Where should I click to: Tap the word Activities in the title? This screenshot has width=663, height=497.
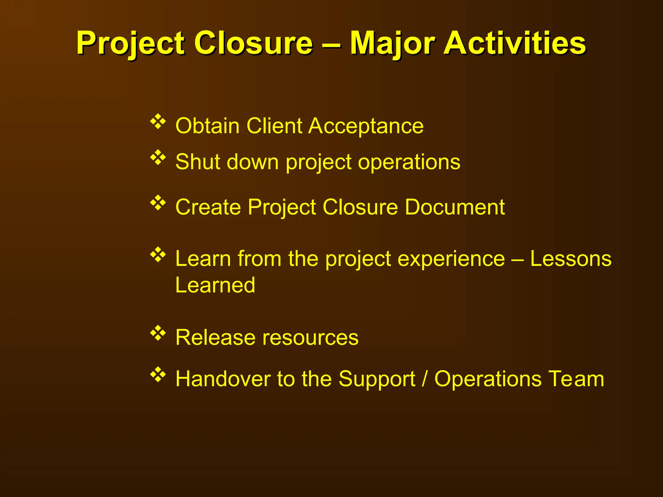[x=515, y=43]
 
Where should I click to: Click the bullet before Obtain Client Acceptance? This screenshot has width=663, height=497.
[x=158, y=122]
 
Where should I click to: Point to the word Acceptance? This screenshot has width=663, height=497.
[x=366, y=126]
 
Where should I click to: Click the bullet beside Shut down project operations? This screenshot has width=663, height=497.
[x=158, y=158]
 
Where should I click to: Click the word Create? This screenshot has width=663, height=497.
[x=208, y=207]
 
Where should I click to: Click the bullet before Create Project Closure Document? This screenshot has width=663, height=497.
[x=158, y=203]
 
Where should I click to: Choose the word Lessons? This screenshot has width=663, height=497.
[x=571, y=259]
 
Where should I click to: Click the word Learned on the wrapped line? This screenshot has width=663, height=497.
[x=215, y=285]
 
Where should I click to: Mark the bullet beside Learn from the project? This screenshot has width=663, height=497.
[x=158, y=255]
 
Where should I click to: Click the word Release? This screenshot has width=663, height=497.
[x=215, y=337]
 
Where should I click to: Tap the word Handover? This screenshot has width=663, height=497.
[x=223, y=379]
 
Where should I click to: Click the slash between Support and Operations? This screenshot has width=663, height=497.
[x=424, y=379]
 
